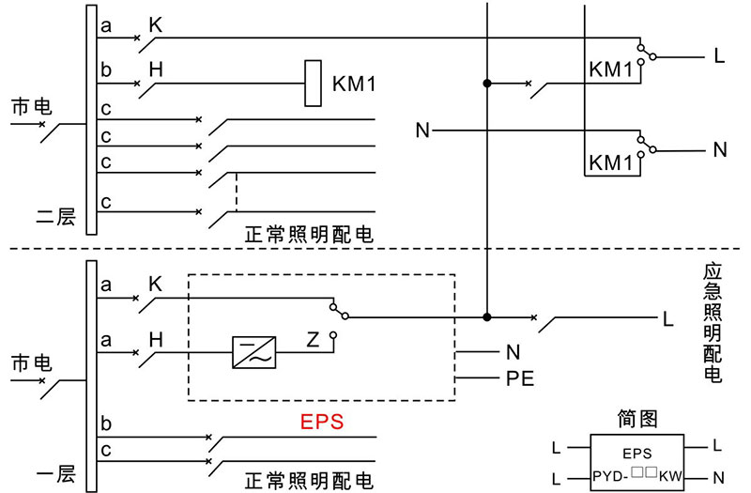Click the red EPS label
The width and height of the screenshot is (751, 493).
pyautogui.click(x=322, y=422)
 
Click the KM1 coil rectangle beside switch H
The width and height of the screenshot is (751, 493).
pyautogui.click(x=313, y=84)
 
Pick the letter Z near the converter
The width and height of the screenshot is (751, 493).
pyautogui.click(x=313, y=338)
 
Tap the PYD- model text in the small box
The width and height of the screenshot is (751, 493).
pyautogui.click(x=610, y=478)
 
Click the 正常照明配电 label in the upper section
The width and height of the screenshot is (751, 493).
pyautogui.click(x=309, y=234)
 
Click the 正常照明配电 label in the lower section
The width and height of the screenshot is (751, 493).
pyautogui.click(x=309, y=480)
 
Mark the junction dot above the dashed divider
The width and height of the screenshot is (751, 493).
pyautogui.click(x=487, y=85)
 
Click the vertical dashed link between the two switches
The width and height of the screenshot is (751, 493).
pyautogui.click(x=236, y=192)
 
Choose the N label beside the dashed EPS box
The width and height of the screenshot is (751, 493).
pyautogui.click(x=513, y=353)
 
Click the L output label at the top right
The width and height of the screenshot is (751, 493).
pyautogui.click(x=719, y=56)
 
